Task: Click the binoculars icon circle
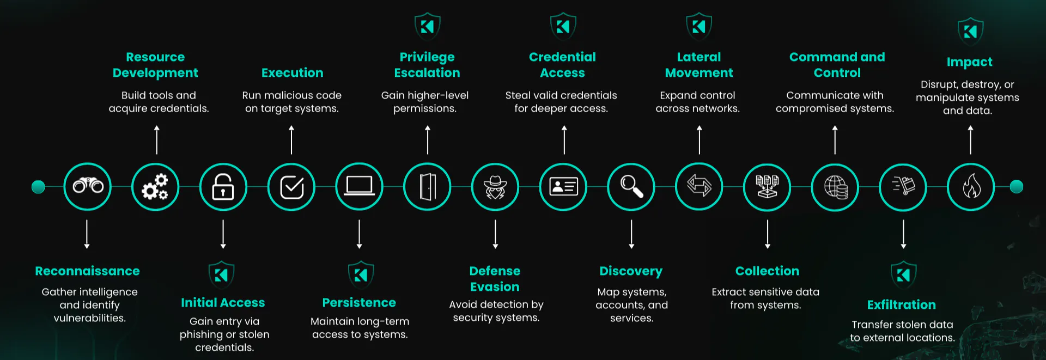coord(88,187)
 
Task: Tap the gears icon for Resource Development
coord(155,187)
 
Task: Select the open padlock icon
coord(223,187)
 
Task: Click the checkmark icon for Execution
coord(291,187)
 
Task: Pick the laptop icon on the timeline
coord(359,187)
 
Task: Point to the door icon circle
coord(427,187)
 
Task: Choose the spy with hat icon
coord(495,187)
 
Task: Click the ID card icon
coord(563,187)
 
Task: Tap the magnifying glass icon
coord(631,187)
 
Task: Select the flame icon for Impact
coord(971,187)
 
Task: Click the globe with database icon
coord(835,187)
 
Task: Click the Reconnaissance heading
coord(87,271)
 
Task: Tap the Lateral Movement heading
coord(699,65)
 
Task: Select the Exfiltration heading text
coord(902,305)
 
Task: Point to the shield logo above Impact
coord(970,32)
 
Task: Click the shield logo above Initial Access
coord(222,274)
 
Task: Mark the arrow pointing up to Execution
coord(291,140)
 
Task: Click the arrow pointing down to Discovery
coord(631,234)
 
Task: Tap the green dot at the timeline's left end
coord(38,187)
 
